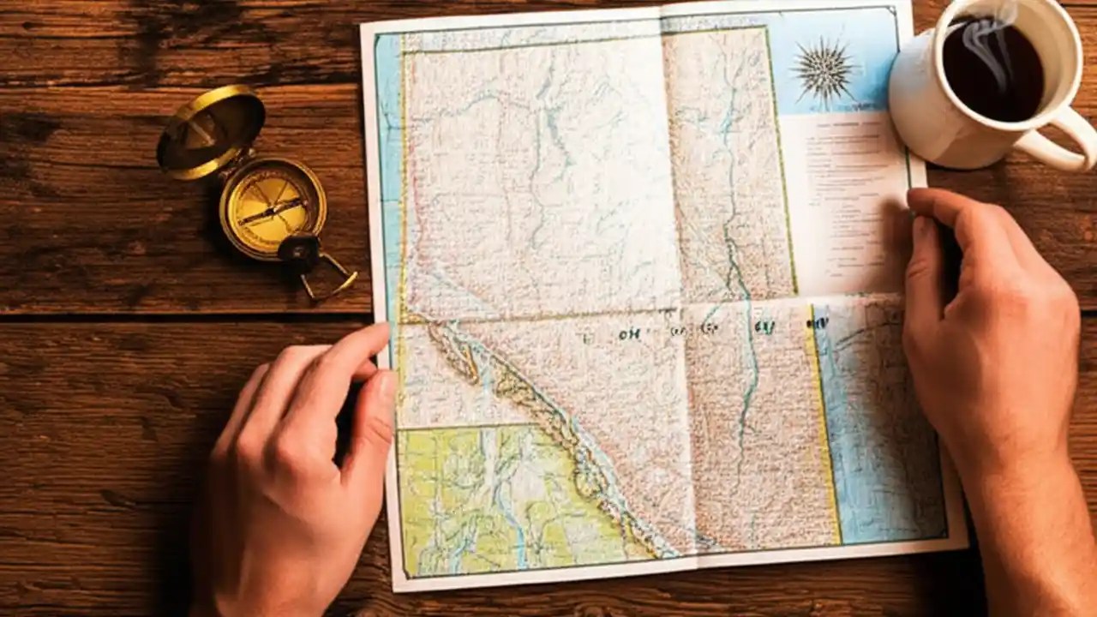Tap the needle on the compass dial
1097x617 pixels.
point(272,210)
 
